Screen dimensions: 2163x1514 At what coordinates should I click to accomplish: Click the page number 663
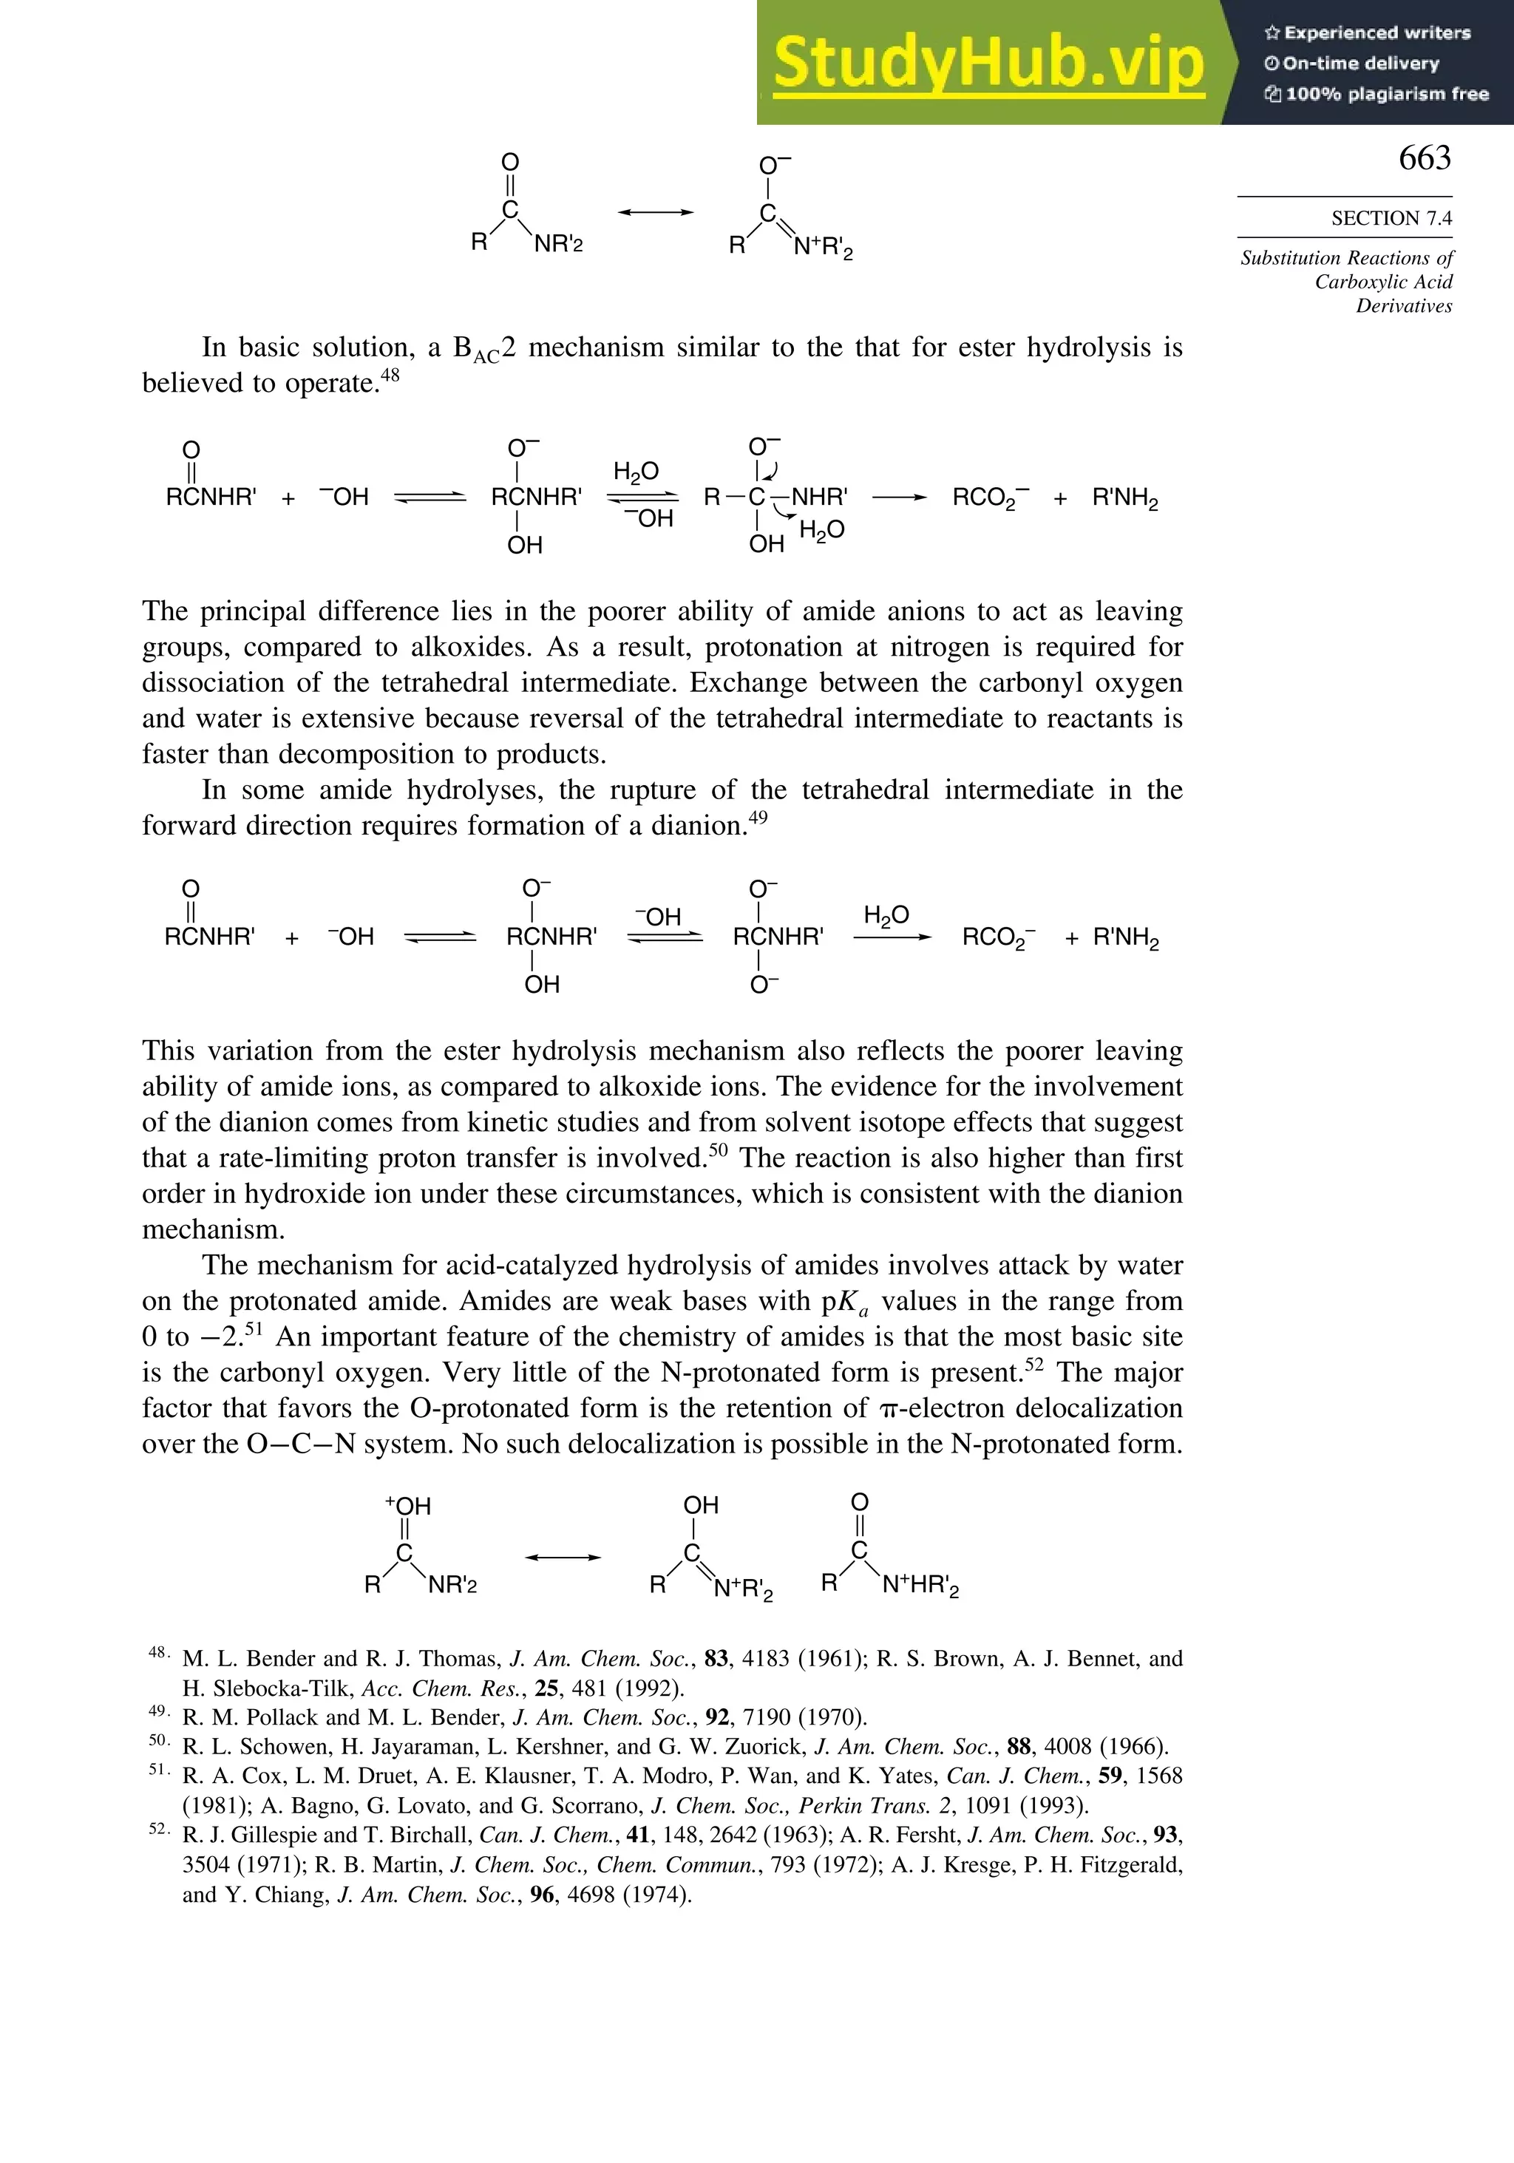point(1425,158)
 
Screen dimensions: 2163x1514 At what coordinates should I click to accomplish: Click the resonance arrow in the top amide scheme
point(655,213)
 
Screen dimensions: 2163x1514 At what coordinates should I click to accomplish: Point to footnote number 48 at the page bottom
point(158,1651)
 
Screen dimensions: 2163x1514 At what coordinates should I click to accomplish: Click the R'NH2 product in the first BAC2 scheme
point(1125,498)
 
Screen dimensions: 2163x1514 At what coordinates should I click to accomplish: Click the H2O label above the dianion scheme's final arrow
point(886,914)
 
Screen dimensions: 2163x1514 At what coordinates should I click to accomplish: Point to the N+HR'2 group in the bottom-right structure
point(920,1586)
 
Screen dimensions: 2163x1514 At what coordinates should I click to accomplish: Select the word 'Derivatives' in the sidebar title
point(1404,305)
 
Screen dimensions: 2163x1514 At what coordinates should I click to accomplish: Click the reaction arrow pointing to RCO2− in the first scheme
point(899,498)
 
